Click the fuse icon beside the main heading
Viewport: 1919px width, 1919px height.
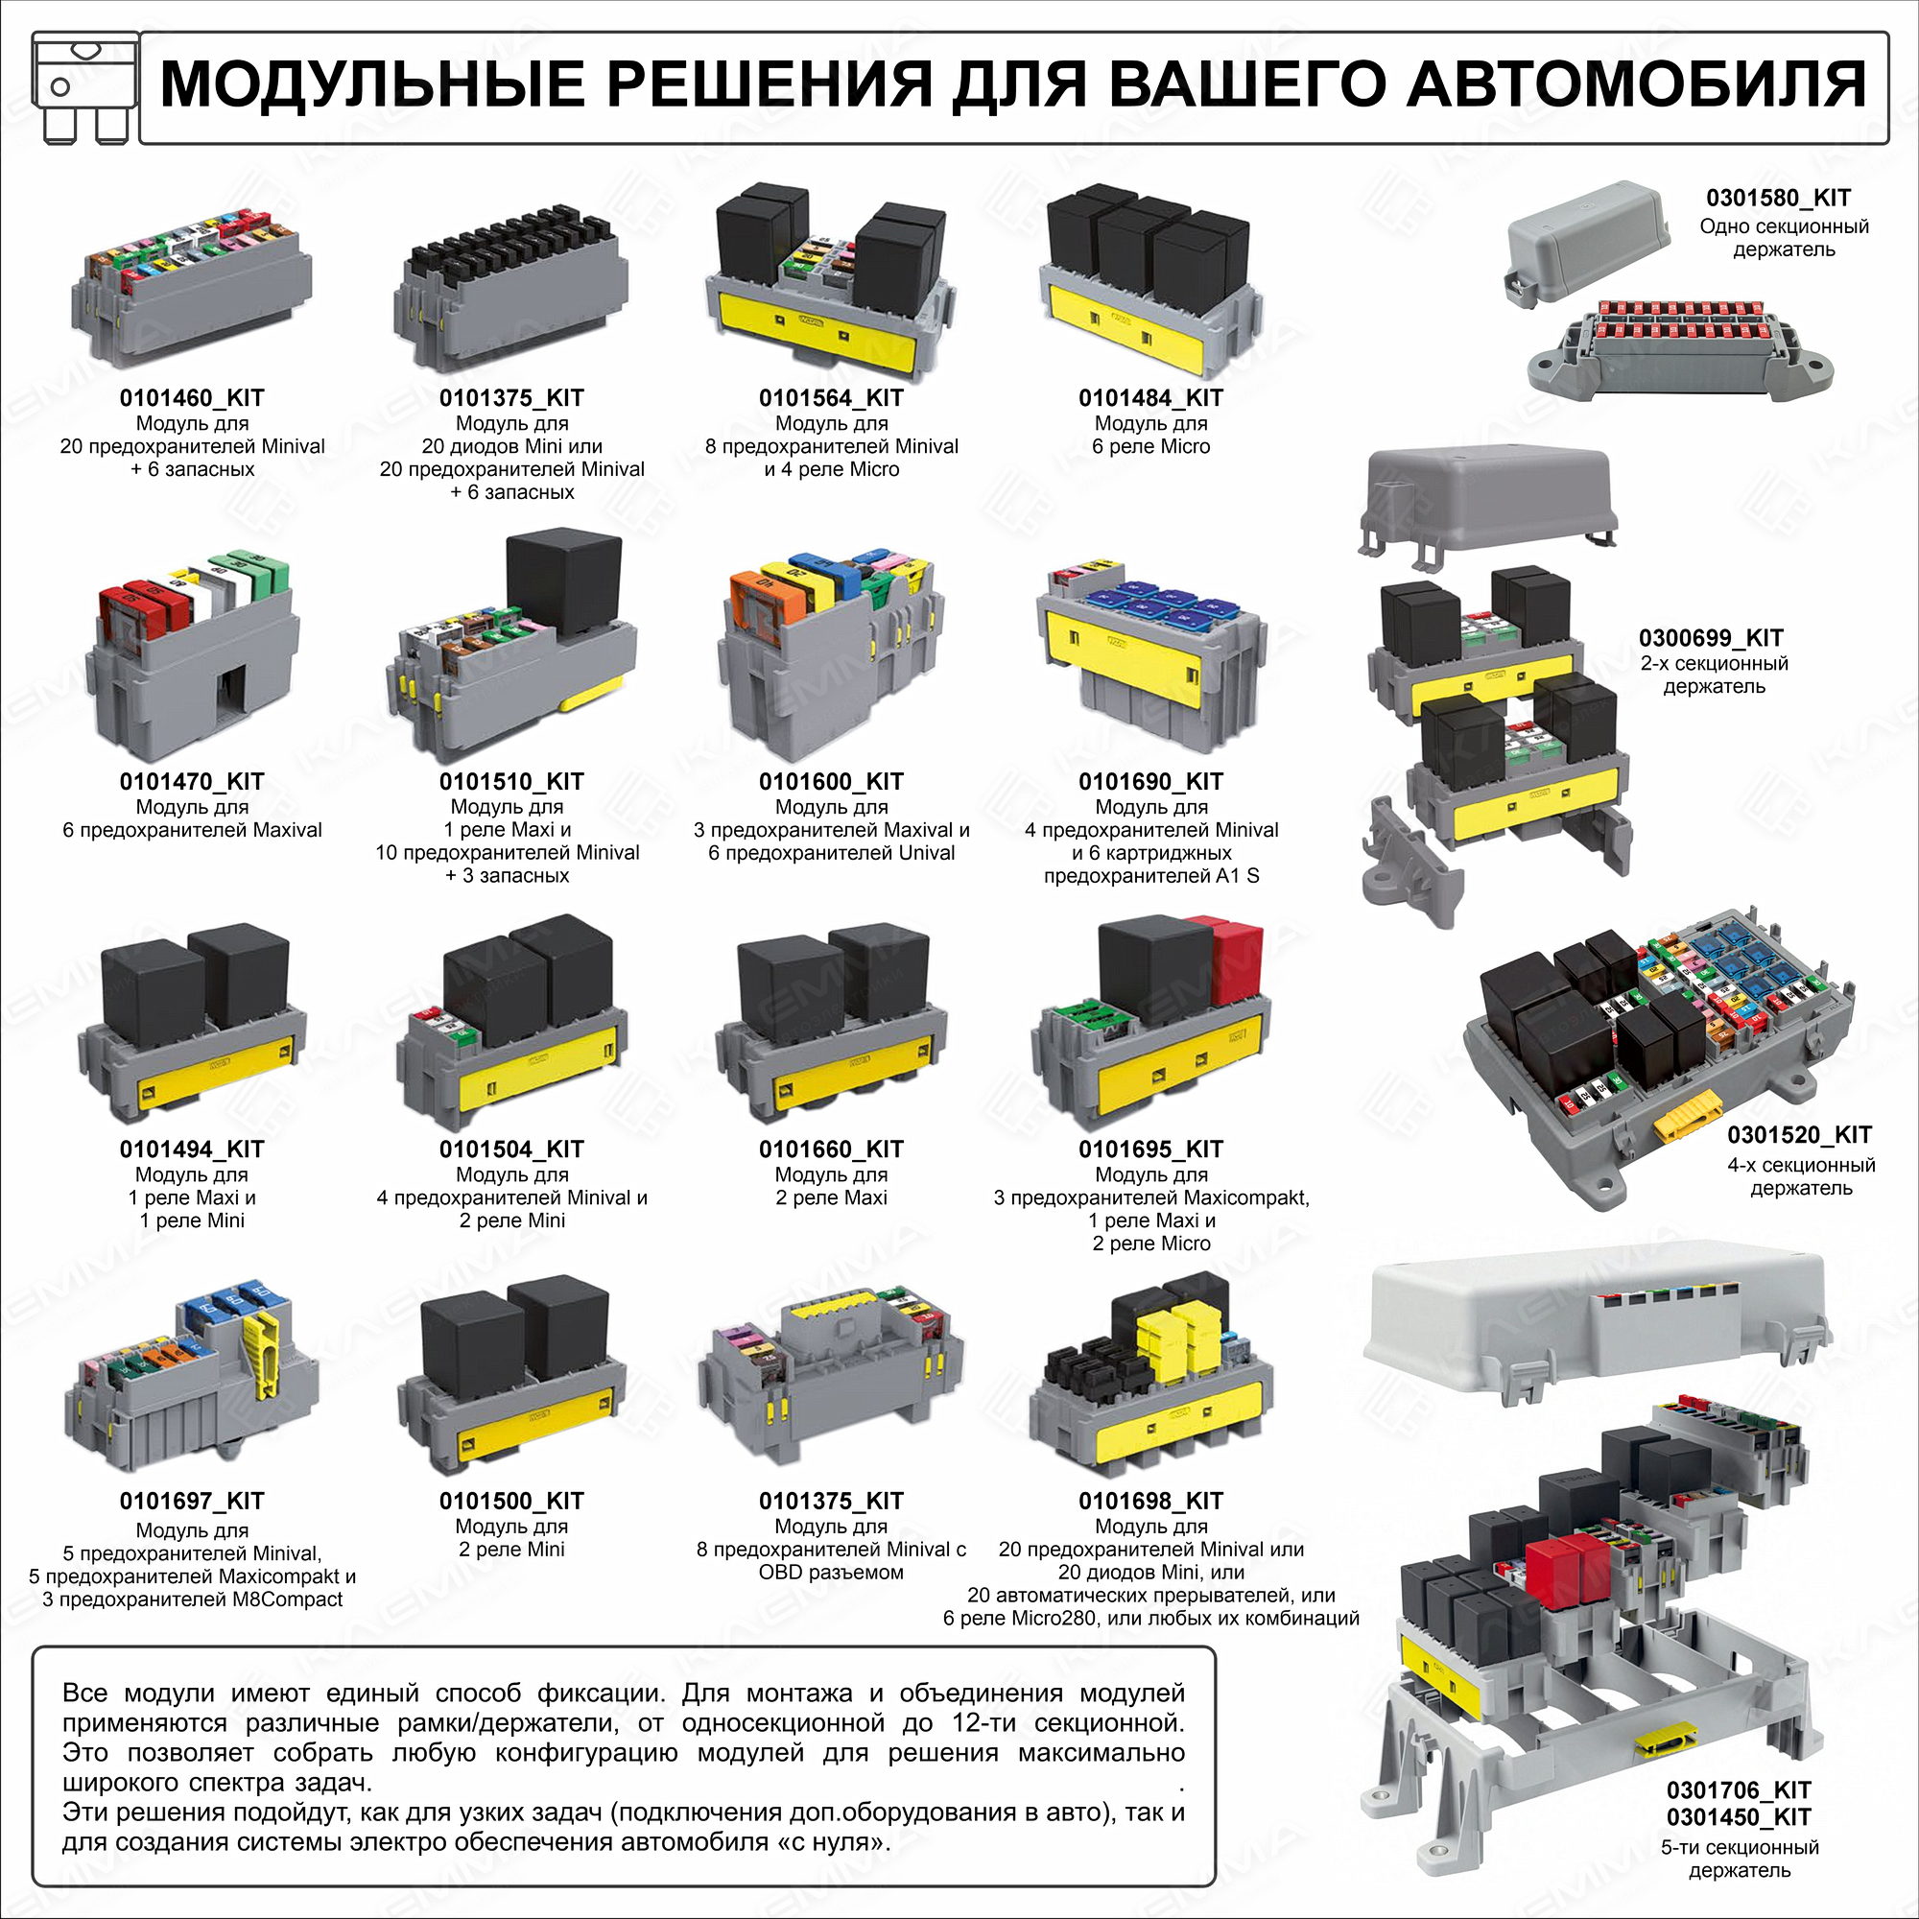click(x=83, y=87)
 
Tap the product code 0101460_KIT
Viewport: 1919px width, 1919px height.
click(x=192, y=398)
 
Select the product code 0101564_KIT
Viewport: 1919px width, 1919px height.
click(x=831, y=398)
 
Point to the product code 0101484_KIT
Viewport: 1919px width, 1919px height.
click(x=1151, y=398)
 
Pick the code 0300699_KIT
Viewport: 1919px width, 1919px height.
click(x=1712, y=638)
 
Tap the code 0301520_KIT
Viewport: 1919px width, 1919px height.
click(x=1800, y=1134)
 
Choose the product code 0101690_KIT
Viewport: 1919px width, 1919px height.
click(x=1151, y=782)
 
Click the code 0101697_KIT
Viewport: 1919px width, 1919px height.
click(x=192, y=1501)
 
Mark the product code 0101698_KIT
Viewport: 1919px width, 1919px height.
click(x=1151, y=1501)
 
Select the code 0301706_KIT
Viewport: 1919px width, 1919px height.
click(x=1740, y=1789)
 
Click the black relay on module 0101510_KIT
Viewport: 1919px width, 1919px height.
click(x=564, y=583)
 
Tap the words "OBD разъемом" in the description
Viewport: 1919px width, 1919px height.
click(x=831, y=1573)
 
